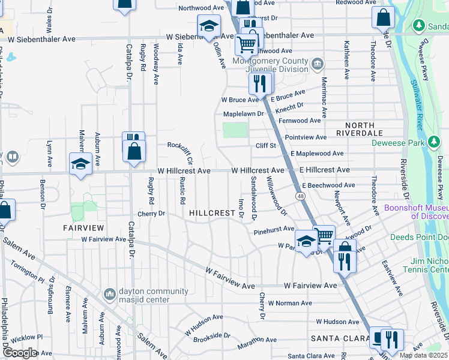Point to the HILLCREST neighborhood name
tap(212, 213)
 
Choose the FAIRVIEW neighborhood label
tap(83, 228)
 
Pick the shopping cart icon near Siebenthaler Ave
tap(246, 43)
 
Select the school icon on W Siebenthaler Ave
tap(208, 26)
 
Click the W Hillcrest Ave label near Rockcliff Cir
tap(184, 171)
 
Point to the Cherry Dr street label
tap(151, 213)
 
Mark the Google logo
tap(19, 353)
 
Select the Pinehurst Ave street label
tap(274, 229)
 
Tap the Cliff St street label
tap(265, 145)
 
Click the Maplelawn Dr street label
tap(243, 113)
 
